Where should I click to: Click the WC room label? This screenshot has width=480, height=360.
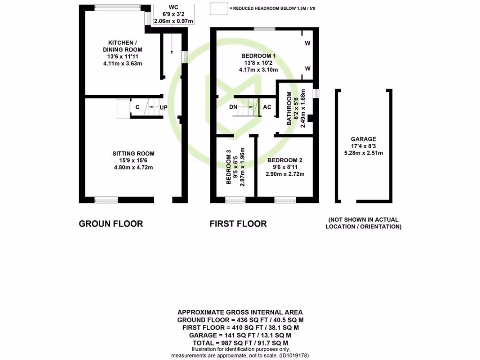[174, 7]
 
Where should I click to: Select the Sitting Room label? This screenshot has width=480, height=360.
[133, 153]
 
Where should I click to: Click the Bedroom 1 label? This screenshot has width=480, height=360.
[258, 56]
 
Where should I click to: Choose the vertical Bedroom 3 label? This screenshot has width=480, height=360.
[229, 167]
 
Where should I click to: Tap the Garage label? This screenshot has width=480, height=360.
[364, 139]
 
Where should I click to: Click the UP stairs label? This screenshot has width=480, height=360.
[164, 107]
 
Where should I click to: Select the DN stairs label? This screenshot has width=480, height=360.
[233, 107]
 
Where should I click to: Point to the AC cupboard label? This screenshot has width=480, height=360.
[267, 107]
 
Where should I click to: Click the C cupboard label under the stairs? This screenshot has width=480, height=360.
[137, 107]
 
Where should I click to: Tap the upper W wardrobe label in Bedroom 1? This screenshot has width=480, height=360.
[308, 44]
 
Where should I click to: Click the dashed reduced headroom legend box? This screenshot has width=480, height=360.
[217, 8]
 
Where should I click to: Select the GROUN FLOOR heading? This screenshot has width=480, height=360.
[111, 224]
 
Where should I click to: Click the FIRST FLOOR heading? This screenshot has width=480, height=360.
[238, 224]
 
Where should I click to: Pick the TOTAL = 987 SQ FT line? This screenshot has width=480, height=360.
[240, 343]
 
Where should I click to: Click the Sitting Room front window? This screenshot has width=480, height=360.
[106, 200]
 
